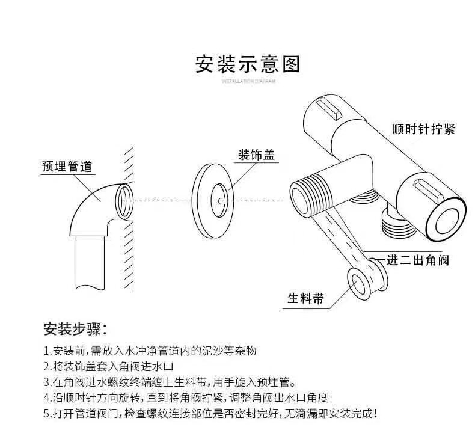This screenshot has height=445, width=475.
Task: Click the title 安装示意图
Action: pos(248,64)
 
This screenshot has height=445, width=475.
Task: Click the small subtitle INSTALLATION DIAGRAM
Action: pos(248,81)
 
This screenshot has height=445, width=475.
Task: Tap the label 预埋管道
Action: pos(67,167)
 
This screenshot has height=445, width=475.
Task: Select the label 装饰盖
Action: pos(257,155)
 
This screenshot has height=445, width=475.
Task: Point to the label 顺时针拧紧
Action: pos(423,129)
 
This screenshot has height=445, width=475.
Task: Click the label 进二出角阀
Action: pos(417,260)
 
